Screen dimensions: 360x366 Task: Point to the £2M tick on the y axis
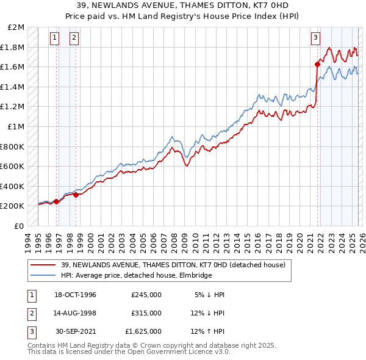point(17,27)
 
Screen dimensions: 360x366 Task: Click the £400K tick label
point(13,186)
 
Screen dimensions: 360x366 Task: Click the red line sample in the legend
point(43,265)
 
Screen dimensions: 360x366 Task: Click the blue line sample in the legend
point(43,275)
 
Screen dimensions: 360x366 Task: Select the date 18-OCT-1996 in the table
point(75,295)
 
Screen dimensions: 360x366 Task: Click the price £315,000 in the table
point(146,313)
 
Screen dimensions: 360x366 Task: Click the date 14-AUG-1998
point(75,313)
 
